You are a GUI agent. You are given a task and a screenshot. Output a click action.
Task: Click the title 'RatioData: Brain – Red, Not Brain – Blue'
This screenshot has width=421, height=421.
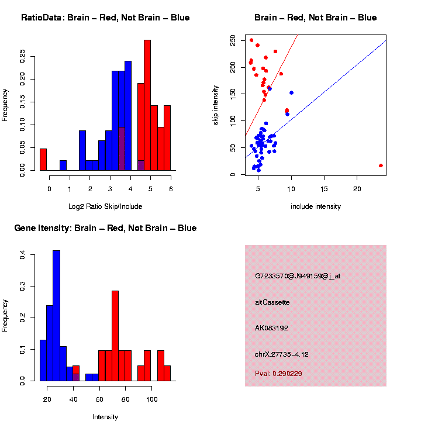(105, 18)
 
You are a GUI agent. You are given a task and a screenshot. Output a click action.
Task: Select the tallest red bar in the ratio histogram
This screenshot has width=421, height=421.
(147, 105)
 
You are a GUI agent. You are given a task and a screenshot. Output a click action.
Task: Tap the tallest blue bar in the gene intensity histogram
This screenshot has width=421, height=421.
(56, 316)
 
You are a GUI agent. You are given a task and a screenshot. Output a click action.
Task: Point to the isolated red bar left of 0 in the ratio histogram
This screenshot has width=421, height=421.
(43, 160)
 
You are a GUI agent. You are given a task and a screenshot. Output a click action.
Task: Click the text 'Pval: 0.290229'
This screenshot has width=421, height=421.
(278, 374)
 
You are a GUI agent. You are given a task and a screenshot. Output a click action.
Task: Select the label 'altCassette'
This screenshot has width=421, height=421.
(272, 302)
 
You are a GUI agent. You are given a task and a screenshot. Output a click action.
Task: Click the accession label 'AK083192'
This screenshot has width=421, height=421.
(272, 328)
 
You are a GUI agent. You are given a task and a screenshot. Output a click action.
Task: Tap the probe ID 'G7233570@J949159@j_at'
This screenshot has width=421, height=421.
(297, 276)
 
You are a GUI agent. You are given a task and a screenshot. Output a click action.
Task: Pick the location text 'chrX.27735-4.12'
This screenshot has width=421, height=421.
(281, 354)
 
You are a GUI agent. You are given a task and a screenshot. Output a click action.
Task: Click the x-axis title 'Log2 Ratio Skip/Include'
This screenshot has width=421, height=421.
(105, 206)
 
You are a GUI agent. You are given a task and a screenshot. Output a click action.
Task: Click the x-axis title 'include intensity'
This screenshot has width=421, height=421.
(316, 206)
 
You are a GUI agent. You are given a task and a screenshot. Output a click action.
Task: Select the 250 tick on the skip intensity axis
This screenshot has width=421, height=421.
(233, 40)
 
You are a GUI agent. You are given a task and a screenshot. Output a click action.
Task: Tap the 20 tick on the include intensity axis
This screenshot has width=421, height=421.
(357, 189)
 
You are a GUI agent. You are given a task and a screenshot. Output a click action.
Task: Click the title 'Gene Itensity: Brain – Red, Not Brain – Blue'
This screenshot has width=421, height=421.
(105, 228)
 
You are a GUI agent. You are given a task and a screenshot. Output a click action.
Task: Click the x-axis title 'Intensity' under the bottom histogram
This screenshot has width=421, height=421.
(105, 417)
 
